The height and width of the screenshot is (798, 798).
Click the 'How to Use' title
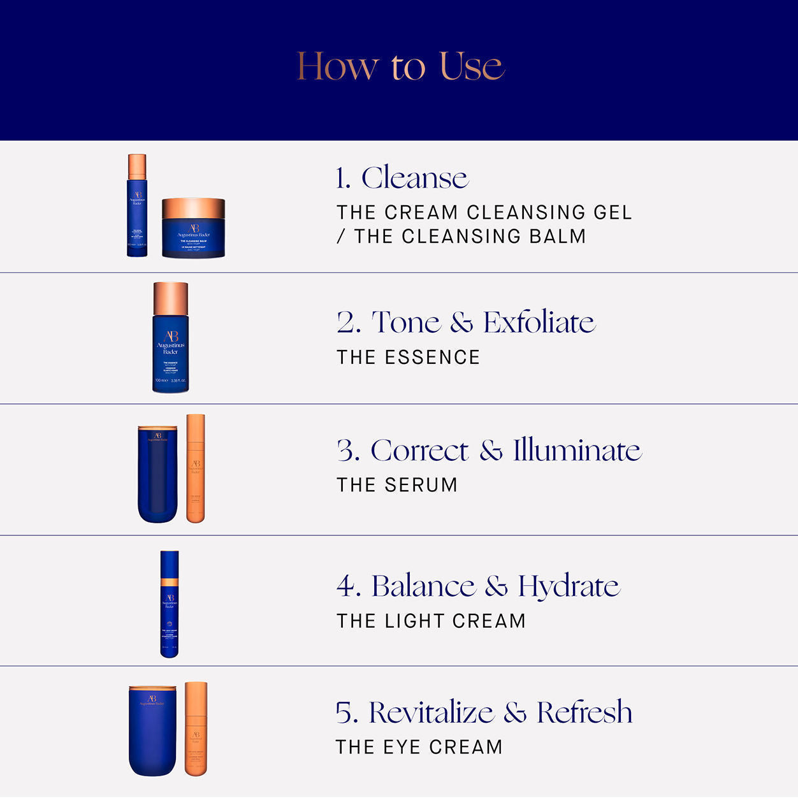(x=400, y=66)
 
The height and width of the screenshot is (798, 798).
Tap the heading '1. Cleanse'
(x=402, y=178)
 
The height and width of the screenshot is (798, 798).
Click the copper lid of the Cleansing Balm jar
(x=193, y=208)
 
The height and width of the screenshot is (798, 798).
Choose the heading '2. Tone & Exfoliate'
(x=466, y=322)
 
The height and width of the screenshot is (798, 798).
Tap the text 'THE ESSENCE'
(x=408, y=358)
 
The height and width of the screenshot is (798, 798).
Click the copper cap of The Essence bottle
(x=171, y=298)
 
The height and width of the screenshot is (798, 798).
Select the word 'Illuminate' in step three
(x=577, y=450)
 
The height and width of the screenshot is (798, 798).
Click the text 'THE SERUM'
(x=397, y=485)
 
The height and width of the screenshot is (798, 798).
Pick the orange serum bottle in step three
(x=196, y=468)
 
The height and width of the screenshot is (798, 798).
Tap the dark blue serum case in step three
(x=157, y=475)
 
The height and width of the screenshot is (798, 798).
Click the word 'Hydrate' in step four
(x=569, y=586)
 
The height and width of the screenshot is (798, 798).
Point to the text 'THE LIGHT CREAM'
(x=431, y=621)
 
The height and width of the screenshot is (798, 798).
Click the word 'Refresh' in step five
(x=584, y=713)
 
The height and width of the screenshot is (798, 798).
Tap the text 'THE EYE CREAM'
(x=419, y=747)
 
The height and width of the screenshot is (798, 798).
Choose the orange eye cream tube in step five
(x=196, y=729)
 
